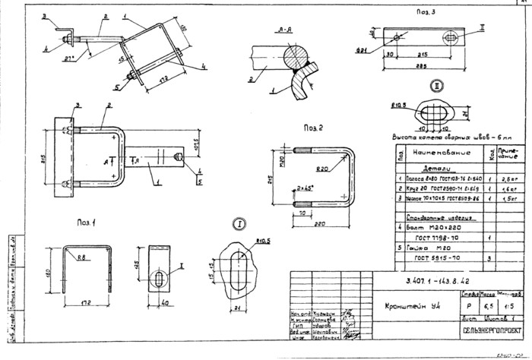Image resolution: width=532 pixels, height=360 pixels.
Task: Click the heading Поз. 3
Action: (x=425, y=13)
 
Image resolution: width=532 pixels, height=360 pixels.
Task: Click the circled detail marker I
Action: (x=239, y=225)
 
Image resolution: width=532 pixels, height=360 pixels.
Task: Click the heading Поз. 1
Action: (x=86, y=223)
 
